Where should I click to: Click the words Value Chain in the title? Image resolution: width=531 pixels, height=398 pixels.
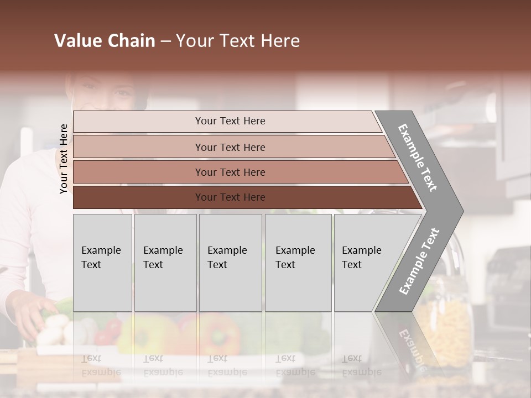click(105, 41)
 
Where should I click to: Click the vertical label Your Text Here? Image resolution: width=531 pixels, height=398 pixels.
click(64, 159)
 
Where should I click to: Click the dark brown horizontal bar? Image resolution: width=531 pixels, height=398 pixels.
click(138, 197)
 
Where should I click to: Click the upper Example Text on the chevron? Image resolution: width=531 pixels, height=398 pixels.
click(418, 158)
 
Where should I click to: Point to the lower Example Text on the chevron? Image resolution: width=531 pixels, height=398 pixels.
click(419, 261)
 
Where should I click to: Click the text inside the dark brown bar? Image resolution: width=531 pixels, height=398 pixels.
click(230, 197)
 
